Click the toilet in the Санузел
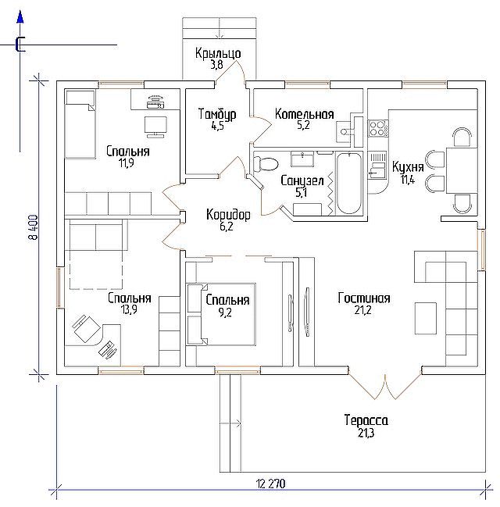pos(266,163)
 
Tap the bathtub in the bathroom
pos(349,184)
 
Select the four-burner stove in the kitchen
pos(378,127)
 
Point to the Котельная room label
pos(305,114)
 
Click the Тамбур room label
pos(217,114)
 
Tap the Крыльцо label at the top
pos(218,53)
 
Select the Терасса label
pos(366,420)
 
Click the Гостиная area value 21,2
pos(362,310)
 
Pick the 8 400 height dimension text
pos(33,227)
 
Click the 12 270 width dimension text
pos(270,484)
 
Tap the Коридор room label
pos(228,215)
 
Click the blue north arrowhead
pos(20,17)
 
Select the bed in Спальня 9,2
pos(222,314)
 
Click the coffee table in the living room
pos(426,318)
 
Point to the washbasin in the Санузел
pos(302,159)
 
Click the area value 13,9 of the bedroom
pos(129,310)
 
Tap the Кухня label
pos(408,167)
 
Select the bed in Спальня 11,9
pos(80,125)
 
